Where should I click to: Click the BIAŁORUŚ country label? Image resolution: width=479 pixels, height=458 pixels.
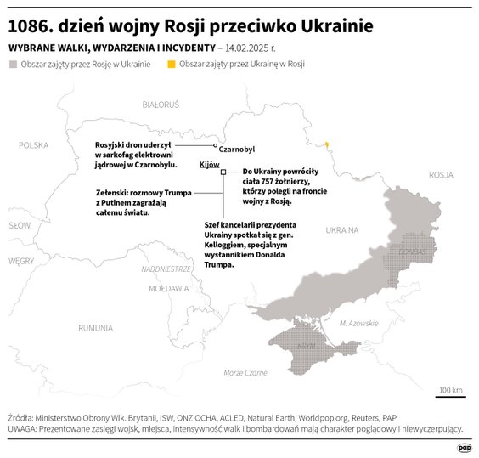[x=161, y=105]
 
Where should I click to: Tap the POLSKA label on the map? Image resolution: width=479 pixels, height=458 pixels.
[x=35, y=144]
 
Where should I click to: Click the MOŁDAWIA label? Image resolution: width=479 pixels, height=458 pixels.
[x=168, y=289]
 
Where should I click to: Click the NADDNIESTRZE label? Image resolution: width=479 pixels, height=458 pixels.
[x=166, y=269]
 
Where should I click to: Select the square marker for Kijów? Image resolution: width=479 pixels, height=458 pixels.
[x=223, y=172]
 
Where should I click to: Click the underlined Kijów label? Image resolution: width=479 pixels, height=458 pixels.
[x=209, y=163]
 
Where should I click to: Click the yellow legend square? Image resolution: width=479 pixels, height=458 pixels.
[x=172, y=65]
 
